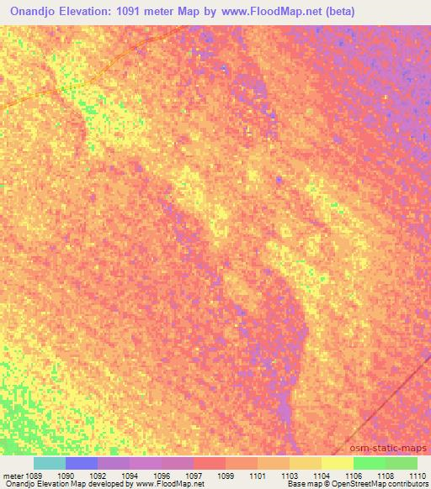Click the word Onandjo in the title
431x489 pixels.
point(39,12)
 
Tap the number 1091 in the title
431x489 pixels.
point(145,12)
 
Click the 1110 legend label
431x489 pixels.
point(417,475)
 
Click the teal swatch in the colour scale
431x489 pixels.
point(50,463)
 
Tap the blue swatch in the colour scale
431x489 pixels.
point(82,463)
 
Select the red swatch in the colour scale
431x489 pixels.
point(210,463)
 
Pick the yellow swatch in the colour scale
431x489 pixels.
point(338,463)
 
